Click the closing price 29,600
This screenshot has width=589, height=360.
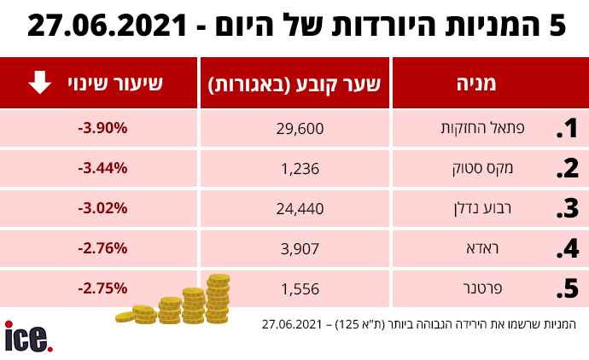click(x=301, y=129)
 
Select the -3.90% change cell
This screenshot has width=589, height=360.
click(x=102, y=128)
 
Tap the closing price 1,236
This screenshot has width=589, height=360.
click(x=301, y=168)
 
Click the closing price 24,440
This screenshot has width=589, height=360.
click(x=301, y=207)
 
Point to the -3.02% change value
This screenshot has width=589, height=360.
click(x=102, y=207)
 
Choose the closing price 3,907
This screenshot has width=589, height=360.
click(x=301, y=248)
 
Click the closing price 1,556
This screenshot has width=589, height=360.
click(x=301, y=289)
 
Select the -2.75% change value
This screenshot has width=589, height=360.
click(x=102, y=288)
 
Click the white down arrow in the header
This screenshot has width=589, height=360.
click(x=40, y=83)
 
